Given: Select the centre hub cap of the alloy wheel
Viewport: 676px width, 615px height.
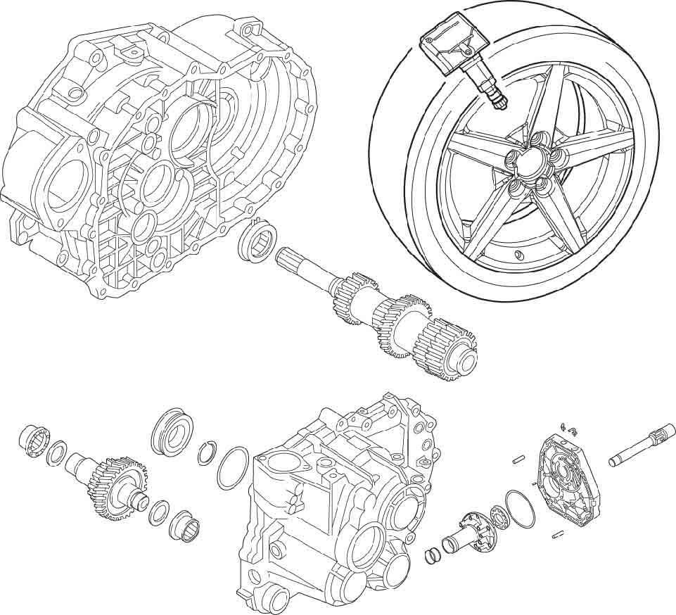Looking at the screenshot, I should pyautogui.click(x=528, y=167).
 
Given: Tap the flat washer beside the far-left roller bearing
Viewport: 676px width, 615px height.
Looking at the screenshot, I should pyautogui.click(x=56, y=453).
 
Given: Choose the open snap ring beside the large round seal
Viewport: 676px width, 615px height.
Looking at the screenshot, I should pyautogui.click(x=205, y=454).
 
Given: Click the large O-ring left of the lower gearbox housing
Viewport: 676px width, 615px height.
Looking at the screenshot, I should pyautogui.click(x=232, y=468).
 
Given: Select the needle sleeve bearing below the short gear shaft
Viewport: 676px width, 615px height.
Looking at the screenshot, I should pyautogui.click(x=186, y=526).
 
